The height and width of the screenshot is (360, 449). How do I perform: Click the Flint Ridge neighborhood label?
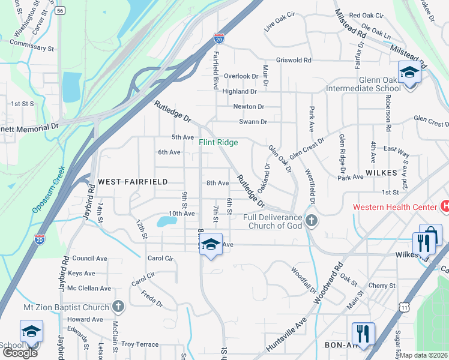[218, 142]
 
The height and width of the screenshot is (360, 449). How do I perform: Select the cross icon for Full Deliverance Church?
[310, 220]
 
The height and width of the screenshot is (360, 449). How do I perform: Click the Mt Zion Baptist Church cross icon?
[118, 307]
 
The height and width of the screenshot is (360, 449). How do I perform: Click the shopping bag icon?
[430, 234]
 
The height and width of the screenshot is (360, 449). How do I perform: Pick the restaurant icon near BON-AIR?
[363, 333]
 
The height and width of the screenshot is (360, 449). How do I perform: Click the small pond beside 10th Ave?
[166, 221]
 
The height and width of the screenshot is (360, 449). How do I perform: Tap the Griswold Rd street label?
[294, 60]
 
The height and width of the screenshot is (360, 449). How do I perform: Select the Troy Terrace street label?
[140, 344]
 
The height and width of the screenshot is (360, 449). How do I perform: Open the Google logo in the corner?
[20, 353]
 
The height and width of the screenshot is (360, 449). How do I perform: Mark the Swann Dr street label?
[253, 122]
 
